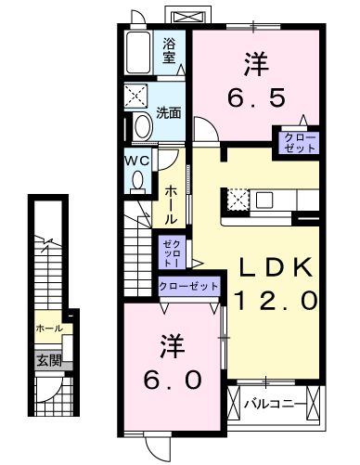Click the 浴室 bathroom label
coord(170,49)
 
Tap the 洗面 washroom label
coord(168,113)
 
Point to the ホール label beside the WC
coord(172,203)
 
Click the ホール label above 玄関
coord(48,329)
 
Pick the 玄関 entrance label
coord(48,360)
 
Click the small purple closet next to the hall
coord(172,251)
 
